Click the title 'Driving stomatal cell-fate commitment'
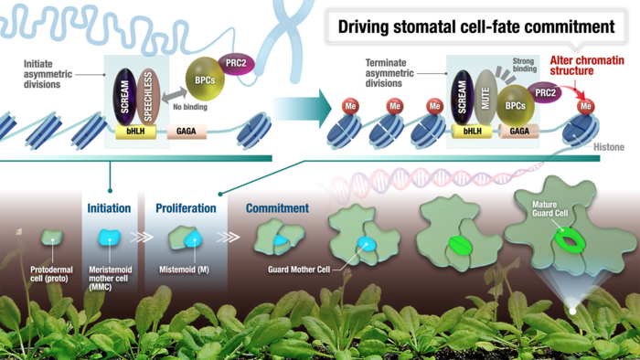tap(476, 26)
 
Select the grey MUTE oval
tap(485, 97)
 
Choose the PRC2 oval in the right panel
tap(546, 91)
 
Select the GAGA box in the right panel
tap(519, 132)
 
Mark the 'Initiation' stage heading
tap(109, 208)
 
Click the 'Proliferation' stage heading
tap(186, 208)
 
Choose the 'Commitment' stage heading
tap(277, 208)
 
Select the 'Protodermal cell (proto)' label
tap(53, 275)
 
